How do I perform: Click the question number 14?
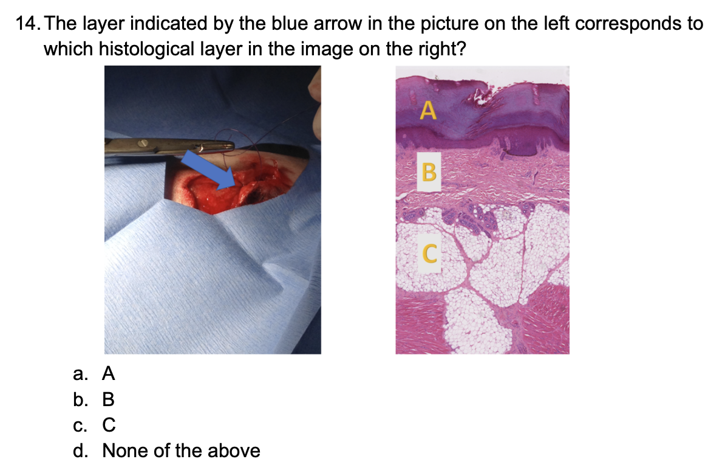27,23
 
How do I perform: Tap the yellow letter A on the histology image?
428,110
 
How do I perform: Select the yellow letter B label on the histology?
429,171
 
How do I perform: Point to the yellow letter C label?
430,254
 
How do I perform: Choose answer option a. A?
94,373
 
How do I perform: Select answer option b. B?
94,399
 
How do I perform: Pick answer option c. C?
94,425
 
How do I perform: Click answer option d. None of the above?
166,451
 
